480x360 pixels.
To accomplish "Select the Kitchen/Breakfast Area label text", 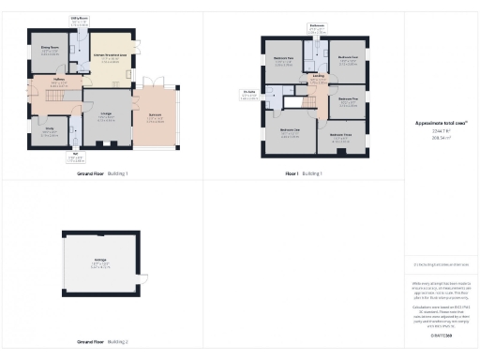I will (111, 56).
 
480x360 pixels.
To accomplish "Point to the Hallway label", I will (58, 81).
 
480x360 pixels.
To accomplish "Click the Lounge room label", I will (107, 113).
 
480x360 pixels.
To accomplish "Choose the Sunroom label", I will (156, 117).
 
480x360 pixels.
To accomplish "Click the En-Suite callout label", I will (248, 91).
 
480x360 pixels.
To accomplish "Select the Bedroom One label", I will (290, 130).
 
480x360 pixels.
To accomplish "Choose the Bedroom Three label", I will (341, 135).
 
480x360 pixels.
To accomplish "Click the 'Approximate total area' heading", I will (442, 123).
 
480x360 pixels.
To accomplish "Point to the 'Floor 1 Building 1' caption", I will (303, 173).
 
